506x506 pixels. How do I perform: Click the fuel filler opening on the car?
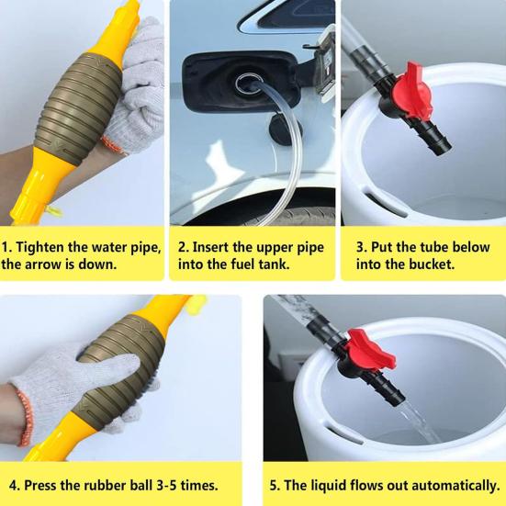click(x=249, y=84)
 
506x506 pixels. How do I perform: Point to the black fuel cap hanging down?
click(x=284, y=129)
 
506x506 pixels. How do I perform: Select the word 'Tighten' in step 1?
click(x=39, y=248)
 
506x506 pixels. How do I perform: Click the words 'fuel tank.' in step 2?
click(x=260, y=264)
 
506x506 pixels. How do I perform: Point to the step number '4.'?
click(x=15, y=486)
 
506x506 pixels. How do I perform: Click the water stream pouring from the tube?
click(x=420, y=422)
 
